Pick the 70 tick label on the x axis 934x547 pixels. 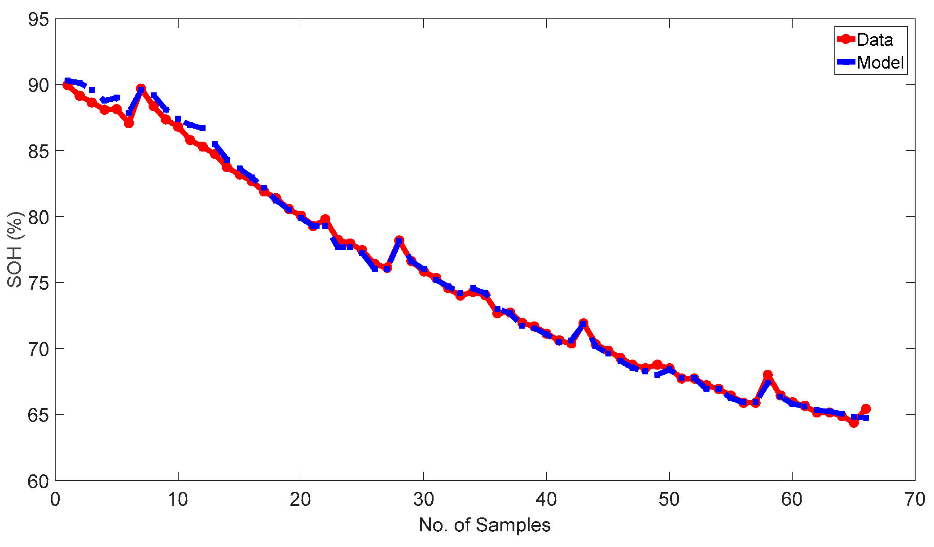[x=915, y=499]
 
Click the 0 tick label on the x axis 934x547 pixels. [x=55, y=499]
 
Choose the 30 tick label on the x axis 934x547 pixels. [x=423, y=499]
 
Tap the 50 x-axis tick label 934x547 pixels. [x=669, y=499]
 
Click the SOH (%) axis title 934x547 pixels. [x=15, y=249]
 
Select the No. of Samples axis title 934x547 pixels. [x=485, y=525]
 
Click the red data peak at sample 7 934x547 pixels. [x=141, y=88]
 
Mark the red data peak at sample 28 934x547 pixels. [x=399, y=240]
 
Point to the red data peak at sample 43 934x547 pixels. [x=583, y=323]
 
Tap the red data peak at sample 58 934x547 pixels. [x=767, y=374]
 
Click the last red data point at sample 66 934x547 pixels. [x=866, y=408]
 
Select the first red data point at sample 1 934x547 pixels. [x=67, y=85]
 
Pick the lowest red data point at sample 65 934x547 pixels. [x=854, y=422]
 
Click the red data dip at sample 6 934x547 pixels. [x=129, y=123]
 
